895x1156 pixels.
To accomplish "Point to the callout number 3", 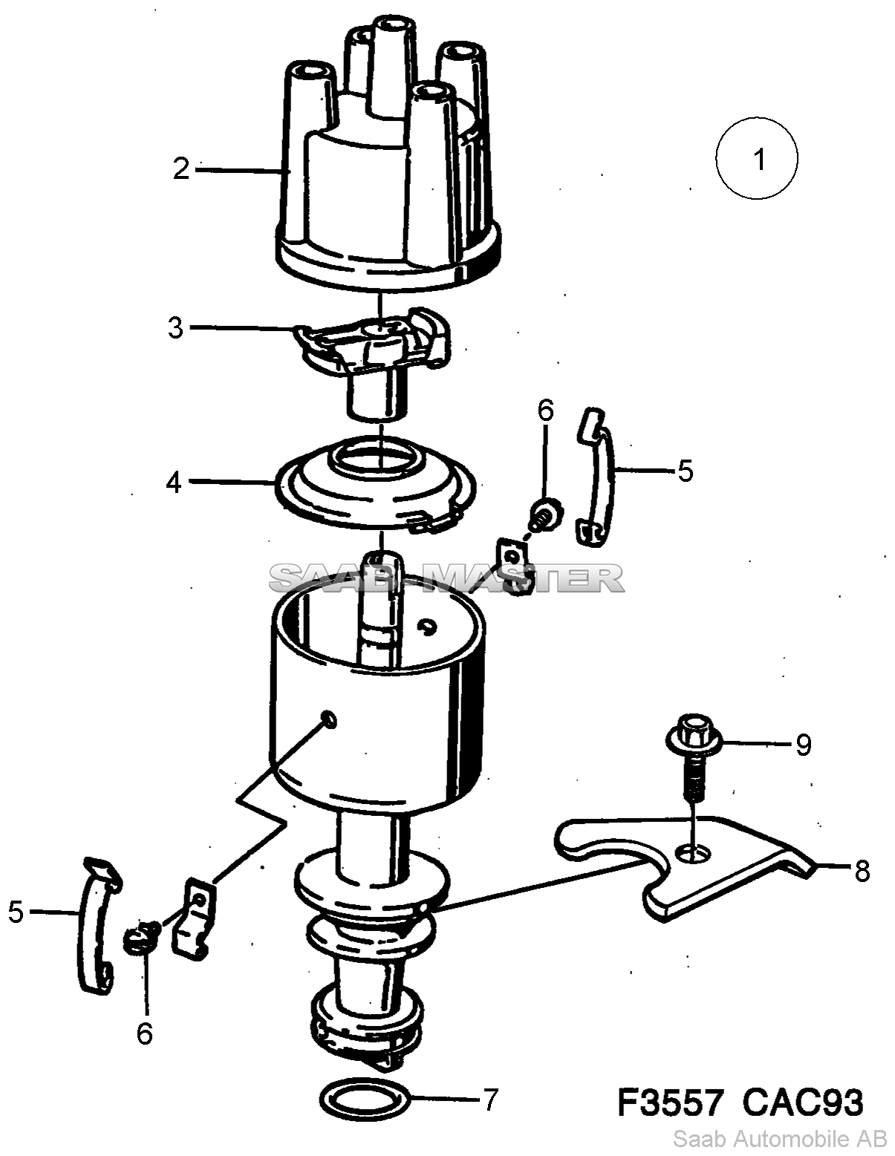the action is [175, 327].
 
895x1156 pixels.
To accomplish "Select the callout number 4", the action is [174, 483].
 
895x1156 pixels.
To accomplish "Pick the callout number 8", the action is [862, 872].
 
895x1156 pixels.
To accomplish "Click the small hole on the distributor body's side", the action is [330, 719].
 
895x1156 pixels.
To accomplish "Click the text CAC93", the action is [802, 1100].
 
